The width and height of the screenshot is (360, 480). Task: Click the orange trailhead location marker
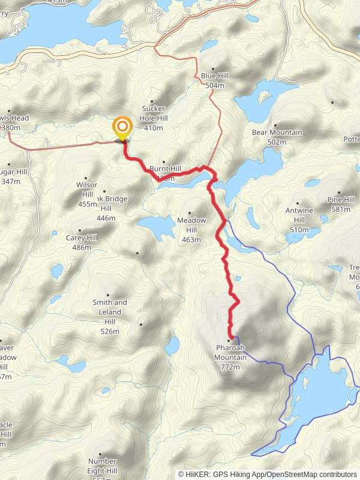pos(122,127)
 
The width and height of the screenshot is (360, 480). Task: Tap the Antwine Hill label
pos(299,220)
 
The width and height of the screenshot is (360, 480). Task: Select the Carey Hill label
pos(82,238)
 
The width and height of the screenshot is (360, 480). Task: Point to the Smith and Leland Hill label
pos(110,312)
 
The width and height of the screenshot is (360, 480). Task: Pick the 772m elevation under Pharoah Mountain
pos(230,367)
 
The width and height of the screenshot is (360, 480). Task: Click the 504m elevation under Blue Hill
pos(214,86)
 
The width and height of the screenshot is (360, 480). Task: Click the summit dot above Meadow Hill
pos(190,212)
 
